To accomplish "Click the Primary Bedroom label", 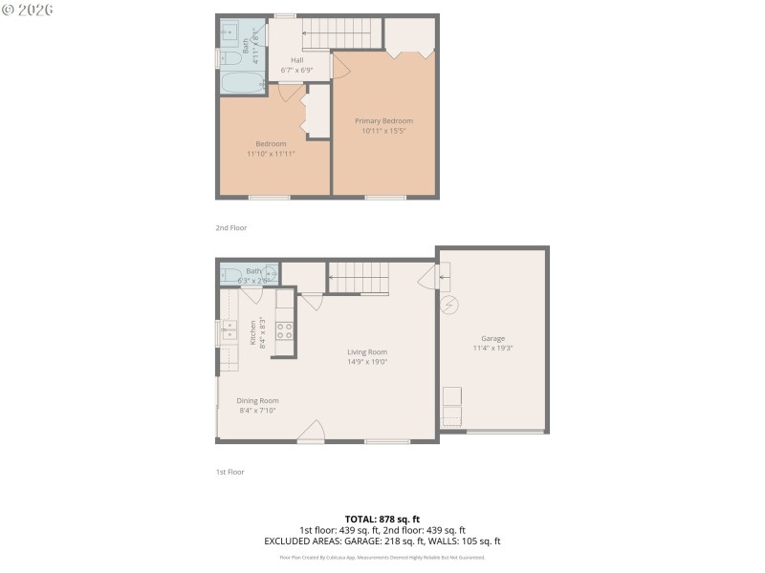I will (383, 121).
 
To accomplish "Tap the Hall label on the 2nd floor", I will (297, 60).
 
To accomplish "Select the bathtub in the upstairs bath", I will (241, 84).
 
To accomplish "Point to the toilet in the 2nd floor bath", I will (232, 58).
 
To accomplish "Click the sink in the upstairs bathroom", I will (229, 33).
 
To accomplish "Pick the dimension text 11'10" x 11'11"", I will (271, 154).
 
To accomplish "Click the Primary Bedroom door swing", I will (338, 66).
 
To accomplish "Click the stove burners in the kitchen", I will (284, 330).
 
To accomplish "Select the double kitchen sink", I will (229, 331).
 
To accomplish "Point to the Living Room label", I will (366, 352).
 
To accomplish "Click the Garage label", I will (492, 339).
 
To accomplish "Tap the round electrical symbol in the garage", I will (450, 305).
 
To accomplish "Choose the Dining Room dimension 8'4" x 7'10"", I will (257, 411).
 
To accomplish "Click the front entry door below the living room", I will (311, 436).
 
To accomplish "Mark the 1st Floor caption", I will (229, 472).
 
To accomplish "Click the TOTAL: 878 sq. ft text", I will (382, 519).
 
